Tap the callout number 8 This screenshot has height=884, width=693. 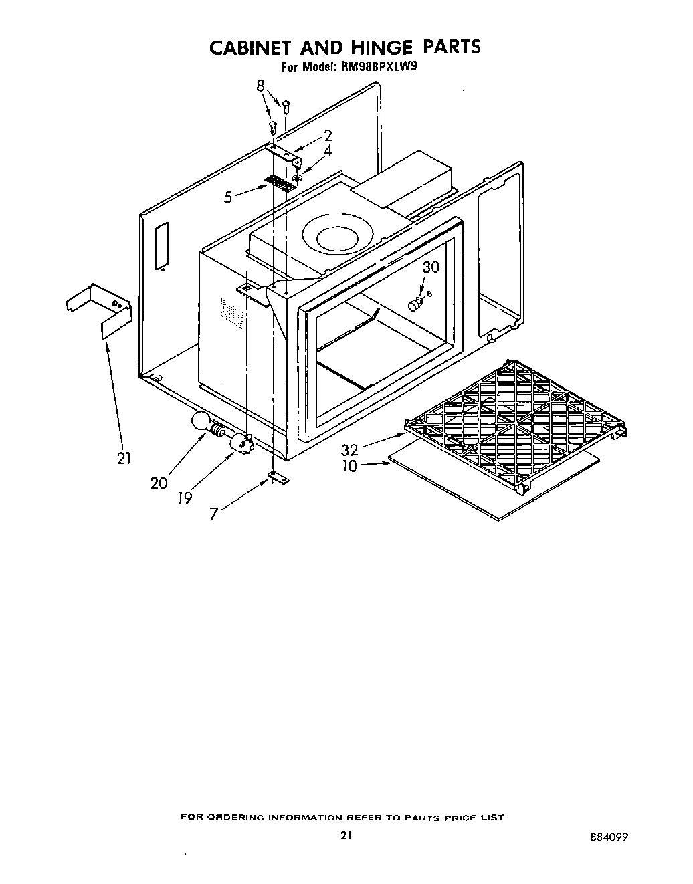pos(260,86)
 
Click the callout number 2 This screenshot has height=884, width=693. pos(328,136)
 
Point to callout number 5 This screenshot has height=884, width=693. pos(229,197)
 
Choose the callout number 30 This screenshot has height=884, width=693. pos(431,267)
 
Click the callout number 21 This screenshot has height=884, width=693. pos(123,458)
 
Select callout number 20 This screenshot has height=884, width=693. pos(159,482)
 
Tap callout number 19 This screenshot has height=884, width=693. pos(185,498)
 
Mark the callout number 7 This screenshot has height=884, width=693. pos(213,514)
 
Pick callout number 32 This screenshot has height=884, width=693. pos(350,450)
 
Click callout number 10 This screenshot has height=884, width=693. pos(350,466)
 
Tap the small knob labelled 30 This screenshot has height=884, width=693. pos(415,304)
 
